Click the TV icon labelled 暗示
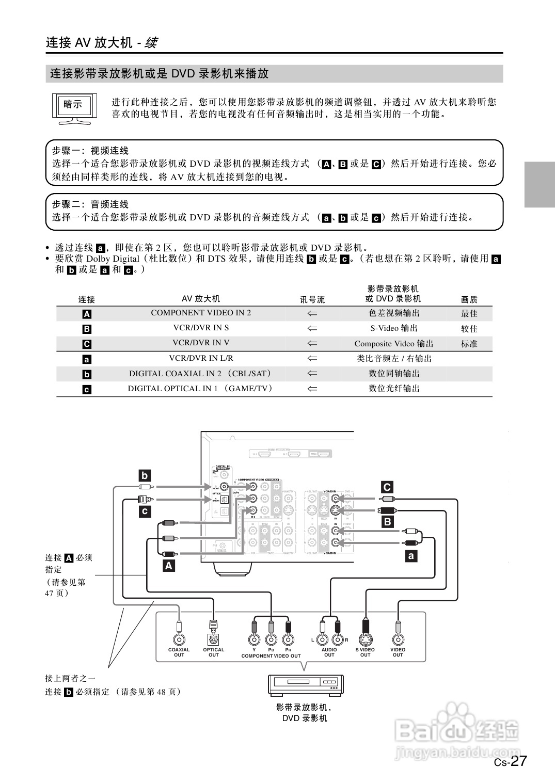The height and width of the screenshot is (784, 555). pos(74,108)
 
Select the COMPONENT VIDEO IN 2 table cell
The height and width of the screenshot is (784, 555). pos(201,313)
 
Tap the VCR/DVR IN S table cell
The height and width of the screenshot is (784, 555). pos(201,328)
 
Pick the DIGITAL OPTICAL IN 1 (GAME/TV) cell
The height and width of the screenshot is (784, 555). pos(200,389)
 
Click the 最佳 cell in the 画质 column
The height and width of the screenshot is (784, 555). pos(469,313)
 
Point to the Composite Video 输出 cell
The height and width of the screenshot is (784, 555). pos(394,344)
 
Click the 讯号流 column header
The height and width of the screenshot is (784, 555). pos(312,299)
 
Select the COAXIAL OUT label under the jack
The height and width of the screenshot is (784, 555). pos(179,652)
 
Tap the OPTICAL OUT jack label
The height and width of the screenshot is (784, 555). pos(214,652)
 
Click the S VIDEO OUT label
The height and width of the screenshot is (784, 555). pos(365,652)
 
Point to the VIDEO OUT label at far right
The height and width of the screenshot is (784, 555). pos(398,652)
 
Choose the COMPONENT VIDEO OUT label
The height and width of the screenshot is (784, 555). pos(271,656)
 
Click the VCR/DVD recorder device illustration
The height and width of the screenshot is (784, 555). pos(305,685)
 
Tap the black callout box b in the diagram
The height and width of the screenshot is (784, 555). pos(145,475)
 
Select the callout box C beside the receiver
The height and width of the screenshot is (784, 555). pos(387,487)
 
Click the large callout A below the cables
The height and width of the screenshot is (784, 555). pos(169,566)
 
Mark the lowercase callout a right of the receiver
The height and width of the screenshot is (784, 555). pos(411,556)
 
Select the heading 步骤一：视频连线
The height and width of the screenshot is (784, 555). pos(90,151)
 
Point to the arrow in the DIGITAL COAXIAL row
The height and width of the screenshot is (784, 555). pos(312,374)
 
